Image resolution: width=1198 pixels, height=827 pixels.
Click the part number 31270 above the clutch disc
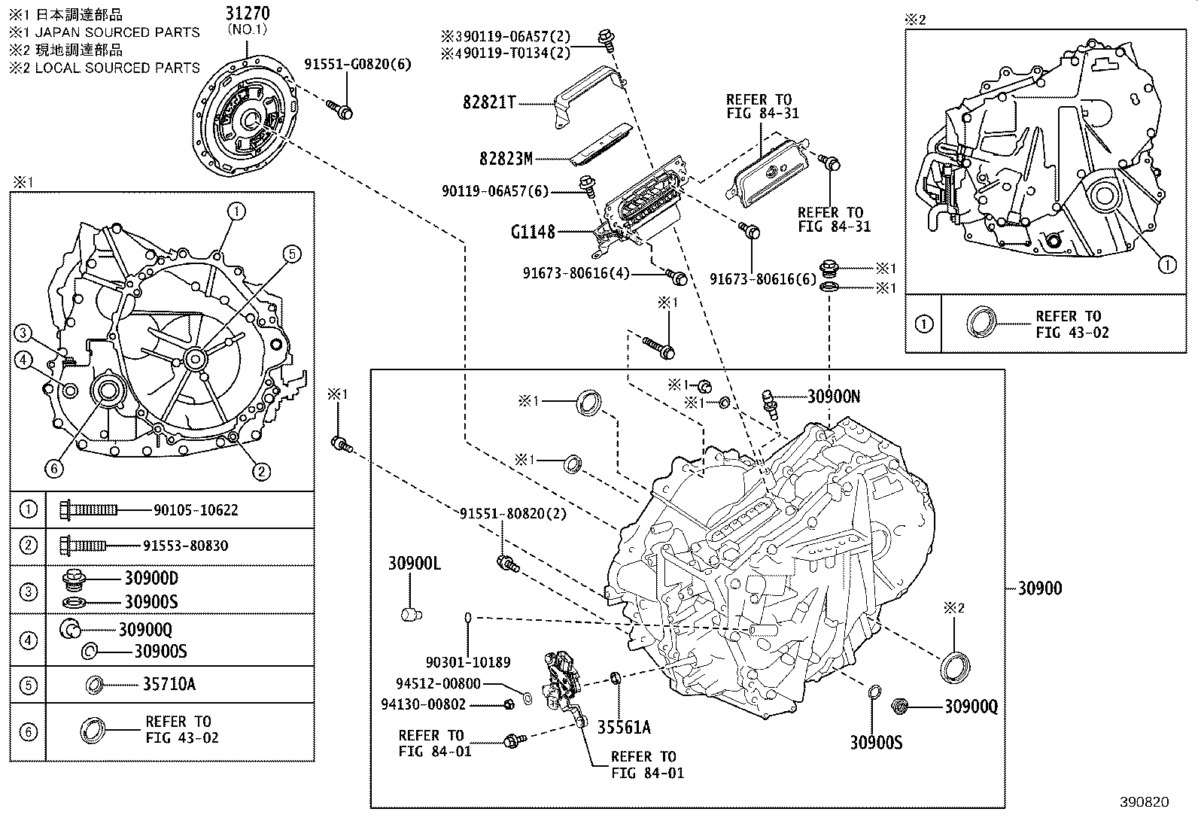pyautogui.click(x=248, y=14)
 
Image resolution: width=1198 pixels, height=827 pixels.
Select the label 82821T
pyautogui.click(x=489, y=102)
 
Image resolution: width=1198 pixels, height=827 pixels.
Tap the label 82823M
pyautogui.click(x=506, y=159)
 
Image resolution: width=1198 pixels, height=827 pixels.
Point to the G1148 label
pyautogui.click(x=533, y=233)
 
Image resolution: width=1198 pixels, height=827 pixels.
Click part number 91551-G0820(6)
pyautogui.click(x=357, y=64)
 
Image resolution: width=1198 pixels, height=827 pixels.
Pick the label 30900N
pyautogui.click(x=834, y=397)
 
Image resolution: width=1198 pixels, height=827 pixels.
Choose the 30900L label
pyautogui.click(x=415, y=564)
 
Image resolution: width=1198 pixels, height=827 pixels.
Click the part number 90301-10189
pyautogui.click(x=468, y=662)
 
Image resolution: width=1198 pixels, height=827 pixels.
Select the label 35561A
pyautogui.click(x=624, y=728)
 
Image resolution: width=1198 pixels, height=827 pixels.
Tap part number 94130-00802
pyautogui.click(x=424, y=704)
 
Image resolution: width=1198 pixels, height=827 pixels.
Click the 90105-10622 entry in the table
pyautogui.click(x=196, y=509)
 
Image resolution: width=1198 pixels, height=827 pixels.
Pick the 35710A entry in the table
pyautogui.click(x=169, y=684)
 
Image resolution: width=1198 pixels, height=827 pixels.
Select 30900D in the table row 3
pyautogui.click(x=151, y=578)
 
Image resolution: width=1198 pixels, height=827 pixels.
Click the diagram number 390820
pyautogui.click(x=1145, y=802)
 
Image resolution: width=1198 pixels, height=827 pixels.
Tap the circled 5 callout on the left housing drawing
pyautogui.click(x=291, y=254)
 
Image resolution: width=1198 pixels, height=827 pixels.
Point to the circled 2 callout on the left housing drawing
pyautogui.click(x=261, y=472)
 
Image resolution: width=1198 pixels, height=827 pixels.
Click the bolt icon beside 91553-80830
pyautogui.click(x=83, y=546)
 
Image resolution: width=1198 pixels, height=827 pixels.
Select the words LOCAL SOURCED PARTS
pyautogui.click(x=117, y=68)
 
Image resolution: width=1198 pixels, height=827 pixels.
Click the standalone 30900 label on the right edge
pyautogui.click(x=1040, y=588)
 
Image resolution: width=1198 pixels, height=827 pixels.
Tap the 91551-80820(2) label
pyautogui.click(x=513, y=513)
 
